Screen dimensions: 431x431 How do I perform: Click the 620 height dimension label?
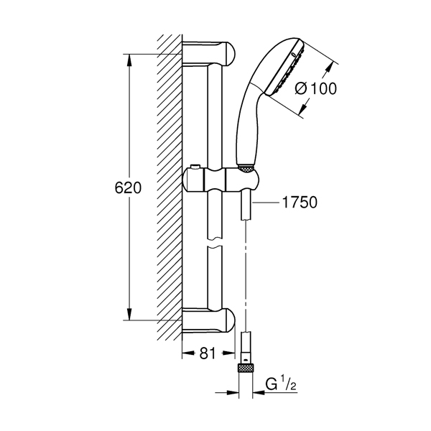pyautogui.click(x=128, y=188)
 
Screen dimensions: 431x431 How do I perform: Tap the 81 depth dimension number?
pyautogui.click(x=208, y=353)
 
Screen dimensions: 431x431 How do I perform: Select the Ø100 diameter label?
pyautogui.click(x=316, y=89)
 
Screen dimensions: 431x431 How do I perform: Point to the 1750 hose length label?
pyautogui.click(x=300, y=203)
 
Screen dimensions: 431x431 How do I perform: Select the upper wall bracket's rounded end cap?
pyautogui.click(x=228, y=54)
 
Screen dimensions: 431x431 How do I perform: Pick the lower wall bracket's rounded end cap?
pyautogui.click(x=228, y=320)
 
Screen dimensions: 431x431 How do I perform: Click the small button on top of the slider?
pyautogui.click(x=195, y=167)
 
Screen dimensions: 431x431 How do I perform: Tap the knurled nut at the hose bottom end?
pyautogui.click(x=246, y=368)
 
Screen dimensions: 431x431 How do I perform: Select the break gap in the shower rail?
pyautogui.click(x=215, y=243)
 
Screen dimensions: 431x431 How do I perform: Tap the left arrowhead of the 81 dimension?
pyautogui.click(x=189, y=353)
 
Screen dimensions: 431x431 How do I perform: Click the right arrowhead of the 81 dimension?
pyautogui.click(x=228, y=353)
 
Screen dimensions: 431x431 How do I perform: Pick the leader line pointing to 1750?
pyautogui.click(x=266, y=203)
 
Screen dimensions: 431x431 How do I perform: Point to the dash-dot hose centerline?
pyautogui.click(x=246, y=276)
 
